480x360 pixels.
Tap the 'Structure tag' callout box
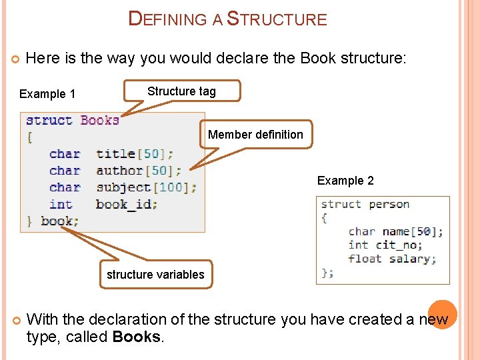(181, 92)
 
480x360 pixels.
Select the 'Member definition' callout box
(255, 135)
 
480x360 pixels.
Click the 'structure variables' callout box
(155, 274)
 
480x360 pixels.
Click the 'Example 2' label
(345, 181)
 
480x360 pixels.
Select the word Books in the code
(100, 121)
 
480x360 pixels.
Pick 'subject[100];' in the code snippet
(146, 187)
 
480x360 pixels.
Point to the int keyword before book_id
(61, 204)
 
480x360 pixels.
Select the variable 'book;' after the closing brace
(59, 221)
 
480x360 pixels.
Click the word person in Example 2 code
(389, 204)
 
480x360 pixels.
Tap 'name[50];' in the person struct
(413, 231)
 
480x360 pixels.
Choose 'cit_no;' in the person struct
(399, 245)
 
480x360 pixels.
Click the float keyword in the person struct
(365, 259)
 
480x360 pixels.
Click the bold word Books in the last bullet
(137, 337)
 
